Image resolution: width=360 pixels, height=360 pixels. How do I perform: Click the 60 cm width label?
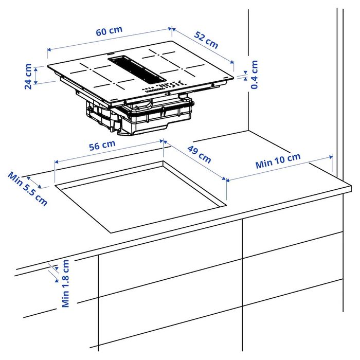(109, 30)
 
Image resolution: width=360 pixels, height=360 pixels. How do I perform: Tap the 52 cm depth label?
(206, 40)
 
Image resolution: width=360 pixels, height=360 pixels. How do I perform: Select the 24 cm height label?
(28, 76)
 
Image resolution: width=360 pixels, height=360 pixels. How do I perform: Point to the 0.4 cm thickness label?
(254, 75)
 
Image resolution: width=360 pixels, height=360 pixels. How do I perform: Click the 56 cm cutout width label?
(102, 145)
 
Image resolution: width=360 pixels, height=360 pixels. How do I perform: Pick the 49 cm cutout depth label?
(199, 154)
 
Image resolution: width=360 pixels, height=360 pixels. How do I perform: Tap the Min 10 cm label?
(278, 161)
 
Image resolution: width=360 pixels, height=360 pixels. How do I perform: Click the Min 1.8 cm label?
(65, 283)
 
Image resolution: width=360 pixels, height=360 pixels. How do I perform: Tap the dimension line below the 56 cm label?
(108, 153)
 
